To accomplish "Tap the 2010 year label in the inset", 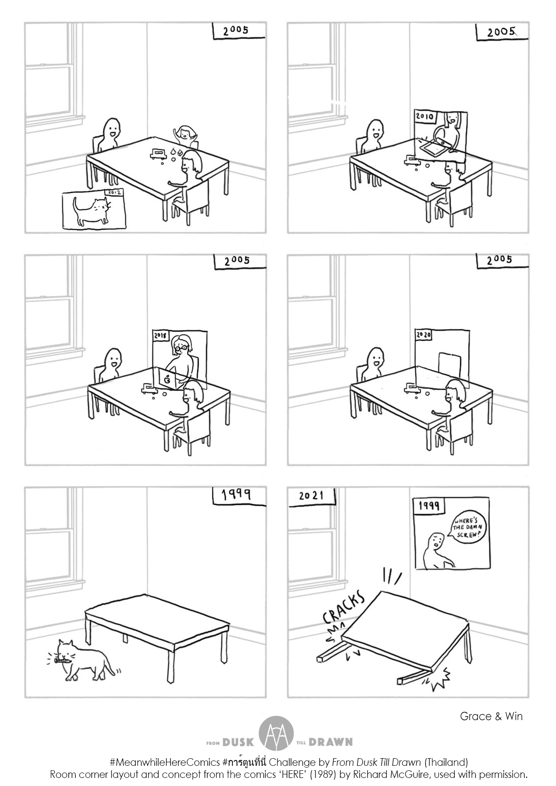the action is (x=424, y=117).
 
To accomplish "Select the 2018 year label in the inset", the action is (x=160, y=335).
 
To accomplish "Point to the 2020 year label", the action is (x=423, y=335).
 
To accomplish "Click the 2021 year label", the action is (x=311, y=495).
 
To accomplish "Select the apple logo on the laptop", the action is (x=168, y=379).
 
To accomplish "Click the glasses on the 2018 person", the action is (x=181, y=347).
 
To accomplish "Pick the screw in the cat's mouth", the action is (x=61, y=660).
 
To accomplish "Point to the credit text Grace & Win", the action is (x=491, y=716).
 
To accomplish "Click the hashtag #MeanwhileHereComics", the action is (x=164, y=762).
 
